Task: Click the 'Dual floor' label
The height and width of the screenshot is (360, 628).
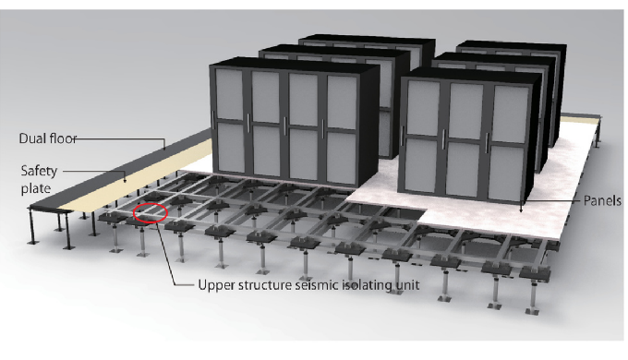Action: pyautogui.click(x=48, y=138)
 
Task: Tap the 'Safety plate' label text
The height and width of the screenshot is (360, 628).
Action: pyautogui.click(x=39, y=179)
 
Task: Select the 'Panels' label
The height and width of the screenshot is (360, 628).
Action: pyautogui.click(x=602, y=200)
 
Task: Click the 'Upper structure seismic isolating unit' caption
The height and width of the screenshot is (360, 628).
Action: pyautogui.click(x=308, y=285)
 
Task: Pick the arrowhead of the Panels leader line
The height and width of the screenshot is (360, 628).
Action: pyautogui.click(x=521, y=210)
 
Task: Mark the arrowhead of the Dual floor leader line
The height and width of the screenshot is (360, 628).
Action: pyautogui.click(x=164, y=148)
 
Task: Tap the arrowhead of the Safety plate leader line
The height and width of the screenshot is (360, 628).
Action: pyautogui.click(x=125, y=180)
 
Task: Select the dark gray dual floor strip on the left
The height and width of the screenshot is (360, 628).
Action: pyautogui.click(x=120, y=168)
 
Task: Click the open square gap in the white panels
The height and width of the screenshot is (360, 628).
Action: pyautogui.click(x=402, y=211)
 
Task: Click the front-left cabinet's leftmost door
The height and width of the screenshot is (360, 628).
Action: pyautogui.click(x=230, y=121)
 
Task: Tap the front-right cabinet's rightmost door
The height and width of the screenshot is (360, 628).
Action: pyautogui.click(x=509, y=142)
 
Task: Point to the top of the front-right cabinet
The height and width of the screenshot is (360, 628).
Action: pyautogui.click(x=472, y=74)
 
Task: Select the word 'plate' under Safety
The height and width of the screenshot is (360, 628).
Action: pyautogui.click(x=36, y=188)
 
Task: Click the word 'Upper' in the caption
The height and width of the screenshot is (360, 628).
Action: pyautogui.click(x=216, y=286)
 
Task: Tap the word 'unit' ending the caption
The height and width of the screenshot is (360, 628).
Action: pyautogui.click(x=407, y=285)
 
